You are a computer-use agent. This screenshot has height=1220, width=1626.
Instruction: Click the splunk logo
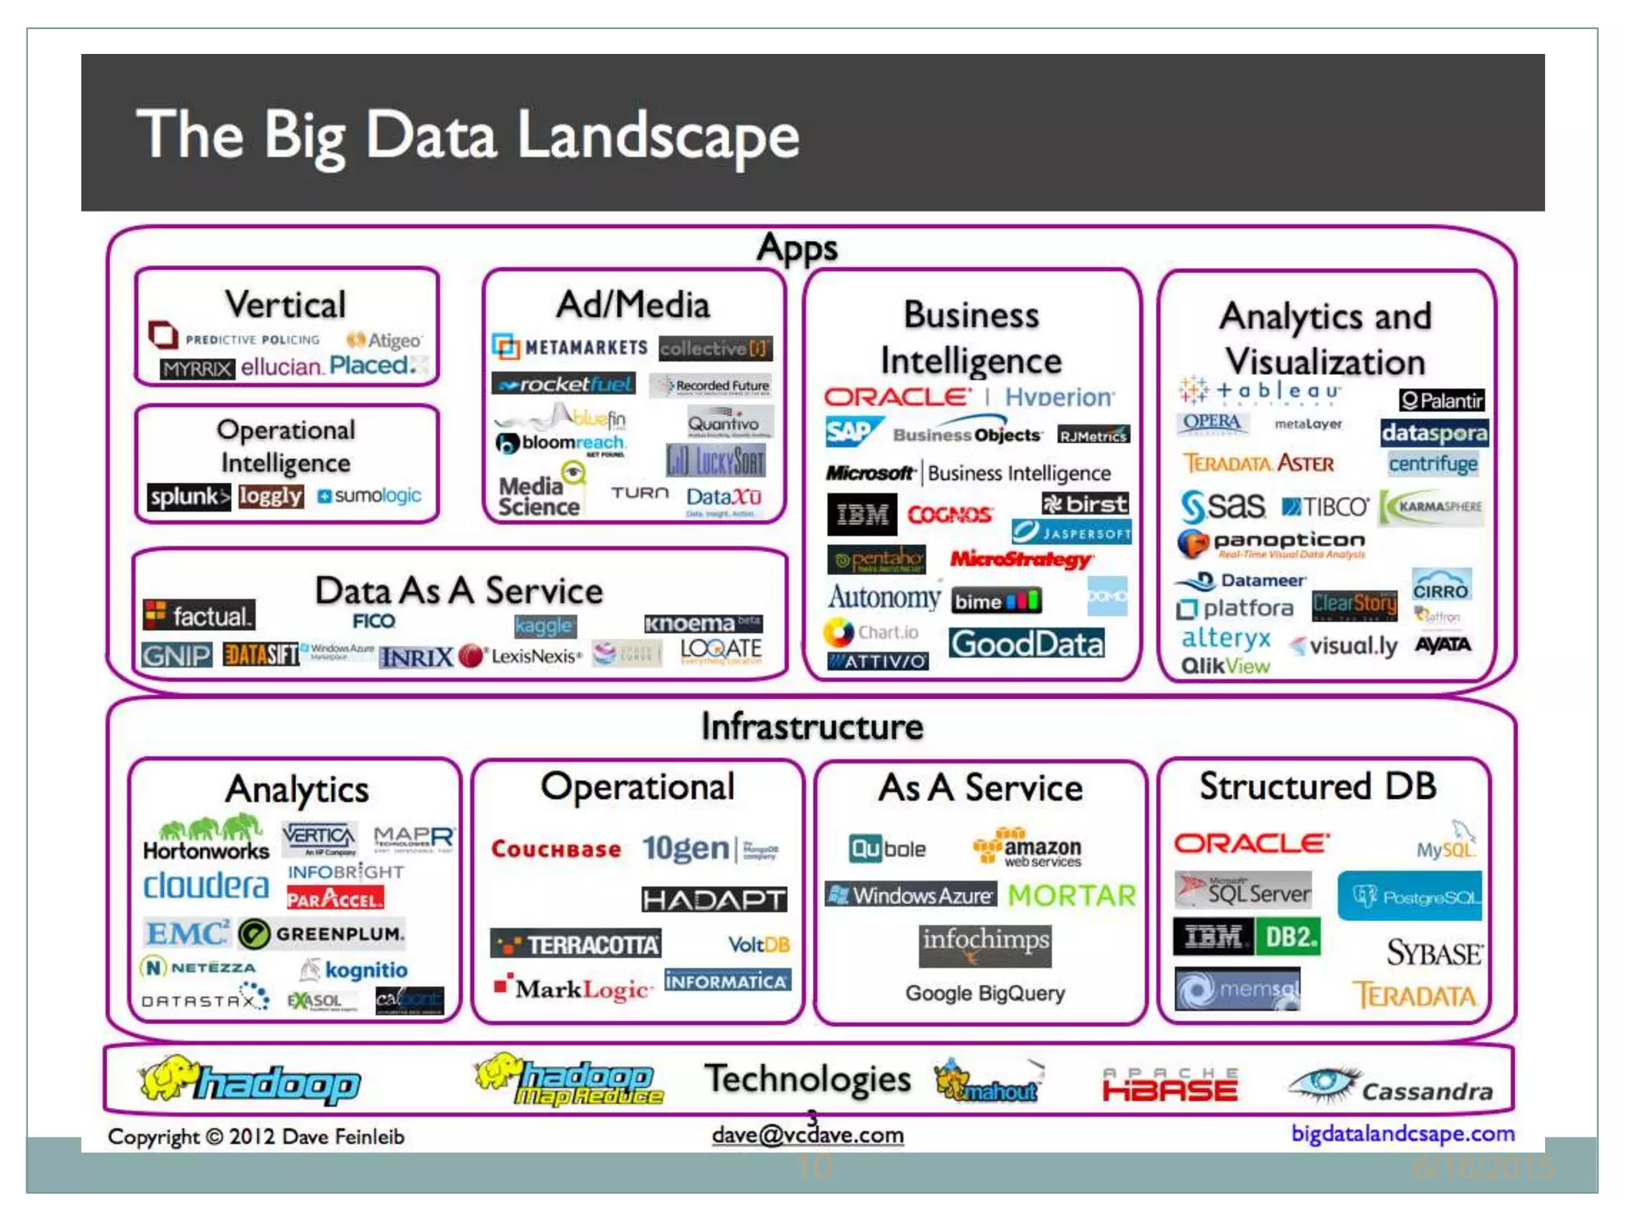[x=189, y=496]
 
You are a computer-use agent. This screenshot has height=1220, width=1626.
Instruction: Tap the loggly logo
[x=271, y=496]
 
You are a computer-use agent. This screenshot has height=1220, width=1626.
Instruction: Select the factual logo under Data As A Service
[x=199, y=616]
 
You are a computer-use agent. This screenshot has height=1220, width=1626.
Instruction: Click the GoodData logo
[x=1027, y=643]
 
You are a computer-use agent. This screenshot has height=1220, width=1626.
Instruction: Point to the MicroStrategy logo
[x=1021, y=559]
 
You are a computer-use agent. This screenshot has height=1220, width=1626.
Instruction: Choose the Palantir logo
[x=1441, y=400]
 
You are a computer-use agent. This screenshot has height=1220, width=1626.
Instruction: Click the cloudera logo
[x=206, y=886]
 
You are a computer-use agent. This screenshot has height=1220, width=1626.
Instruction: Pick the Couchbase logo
[x=556, y=849]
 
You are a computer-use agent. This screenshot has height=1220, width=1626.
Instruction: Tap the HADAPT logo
[x=714, y=900]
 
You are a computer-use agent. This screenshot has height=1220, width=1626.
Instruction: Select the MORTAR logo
[x=1072, y=896]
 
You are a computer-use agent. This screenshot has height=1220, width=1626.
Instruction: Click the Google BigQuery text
[x=985, y=994]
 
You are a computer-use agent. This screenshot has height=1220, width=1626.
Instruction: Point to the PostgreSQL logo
[x=1410, y=897]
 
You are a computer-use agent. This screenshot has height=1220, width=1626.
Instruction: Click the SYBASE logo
[x=1434, y=952]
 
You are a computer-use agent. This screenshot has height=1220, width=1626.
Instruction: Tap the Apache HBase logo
[x=1169, y=1086]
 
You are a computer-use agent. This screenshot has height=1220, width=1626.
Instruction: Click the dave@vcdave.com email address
[x=807, y=1135]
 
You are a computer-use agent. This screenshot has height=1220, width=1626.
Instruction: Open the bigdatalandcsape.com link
[x=1402, y=1133]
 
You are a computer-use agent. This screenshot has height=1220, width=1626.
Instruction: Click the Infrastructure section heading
[x=812, y=727]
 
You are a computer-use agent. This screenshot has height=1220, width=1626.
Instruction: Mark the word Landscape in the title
[x=658, y=136]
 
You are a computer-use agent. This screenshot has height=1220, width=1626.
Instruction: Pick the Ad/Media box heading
[x=633, y=305]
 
